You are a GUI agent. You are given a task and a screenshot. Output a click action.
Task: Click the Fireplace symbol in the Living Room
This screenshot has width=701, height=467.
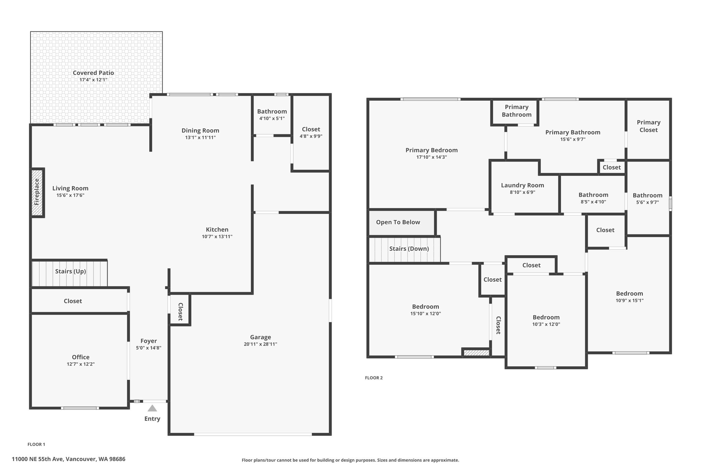click(37, 192)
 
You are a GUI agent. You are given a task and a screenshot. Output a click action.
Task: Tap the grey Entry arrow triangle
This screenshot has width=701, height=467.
click(152, 408)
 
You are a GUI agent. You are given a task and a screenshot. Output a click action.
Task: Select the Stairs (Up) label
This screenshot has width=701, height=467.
click(71, 271)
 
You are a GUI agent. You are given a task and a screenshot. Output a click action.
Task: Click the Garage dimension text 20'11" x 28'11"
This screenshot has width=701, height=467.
click(260, 344)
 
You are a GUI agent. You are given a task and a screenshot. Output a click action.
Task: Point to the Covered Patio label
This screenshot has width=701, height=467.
click(93, 73)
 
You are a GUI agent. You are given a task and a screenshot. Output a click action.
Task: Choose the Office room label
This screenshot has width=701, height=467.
click(81, 357)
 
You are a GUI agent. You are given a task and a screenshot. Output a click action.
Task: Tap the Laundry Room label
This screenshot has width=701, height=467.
click(522, 185)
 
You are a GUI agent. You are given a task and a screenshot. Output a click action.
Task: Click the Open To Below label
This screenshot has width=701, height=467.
click(398, 222)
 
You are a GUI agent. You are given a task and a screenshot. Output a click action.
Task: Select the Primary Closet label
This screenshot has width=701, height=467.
click(649, 126)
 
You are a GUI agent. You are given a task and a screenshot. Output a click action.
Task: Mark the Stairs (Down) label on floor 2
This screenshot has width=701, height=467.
click(409, 249)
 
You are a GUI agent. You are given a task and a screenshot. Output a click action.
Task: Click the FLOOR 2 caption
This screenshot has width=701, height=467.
click(374, 378)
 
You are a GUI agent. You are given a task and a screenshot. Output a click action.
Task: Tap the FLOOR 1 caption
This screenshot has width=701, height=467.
click(36, 444)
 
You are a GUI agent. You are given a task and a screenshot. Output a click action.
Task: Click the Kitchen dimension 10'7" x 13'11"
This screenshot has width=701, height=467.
click(217, 236)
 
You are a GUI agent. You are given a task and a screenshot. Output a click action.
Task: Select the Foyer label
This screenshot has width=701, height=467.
click(149, 341)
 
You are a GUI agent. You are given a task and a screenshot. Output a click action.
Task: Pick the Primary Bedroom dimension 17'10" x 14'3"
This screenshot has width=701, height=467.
click(432, 157)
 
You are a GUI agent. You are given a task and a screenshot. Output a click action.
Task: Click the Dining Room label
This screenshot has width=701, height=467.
click(200, 130)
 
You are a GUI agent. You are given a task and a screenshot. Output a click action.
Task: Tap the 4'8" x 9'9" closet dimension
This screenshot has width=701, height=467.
click(311, 136)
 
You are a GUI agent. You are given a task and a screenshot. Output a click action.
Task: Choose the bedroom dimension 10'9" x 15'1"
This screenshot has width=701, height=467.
click(629, 301)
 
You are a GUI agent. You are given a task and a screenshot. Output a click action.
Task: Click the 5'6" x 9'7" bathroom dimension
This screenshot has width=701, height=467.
click(647, 202)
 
